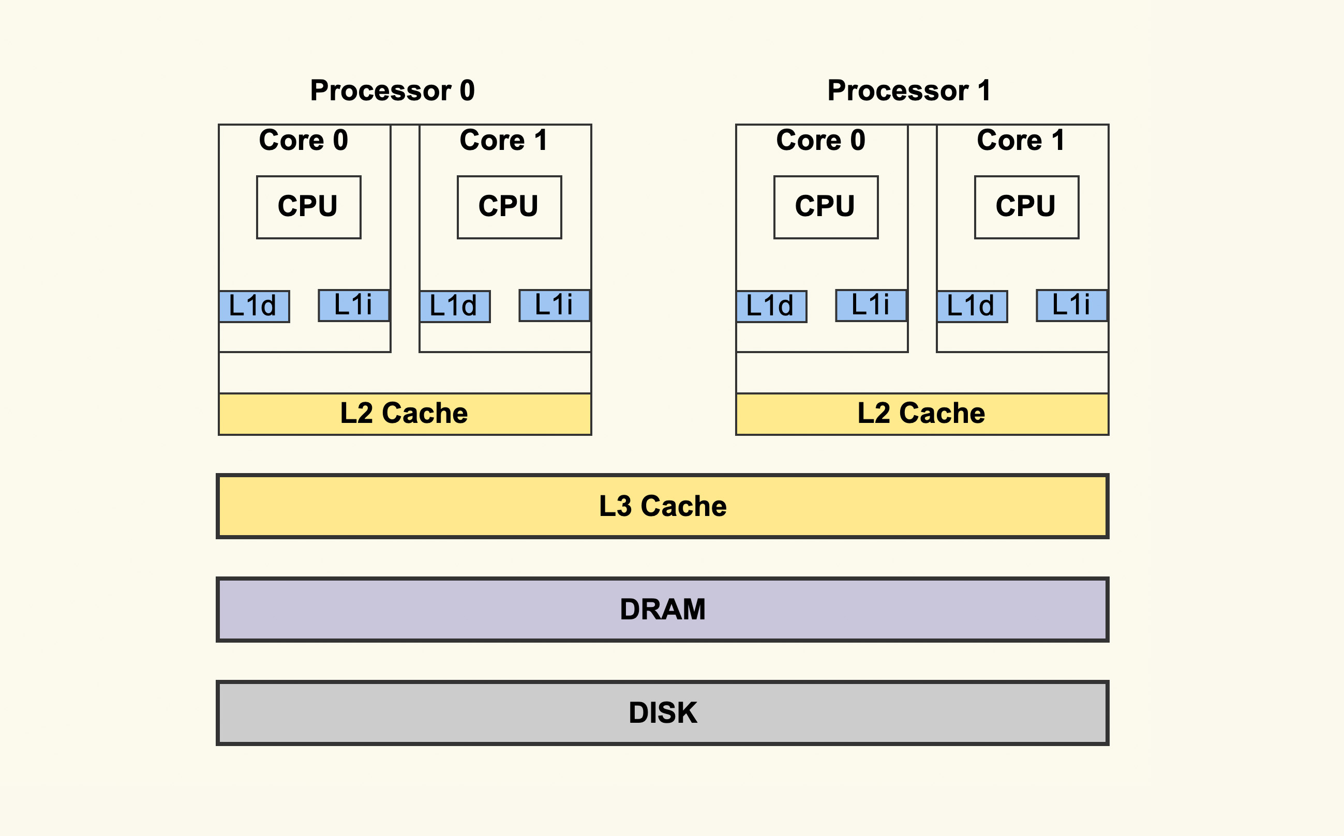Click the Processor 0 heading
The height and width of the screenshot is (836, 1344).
392,90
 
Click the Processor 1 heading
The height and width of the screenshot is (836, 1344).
909,90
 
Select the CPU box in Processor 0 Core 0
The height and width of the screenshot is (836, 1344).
309,207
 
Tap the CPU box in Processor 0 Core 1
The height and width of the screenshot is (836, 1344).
509,207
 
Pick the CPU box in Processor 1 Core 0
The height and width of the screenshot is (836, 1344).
826,207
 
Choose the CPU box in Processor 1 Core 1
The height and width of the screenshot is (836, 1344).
1026,207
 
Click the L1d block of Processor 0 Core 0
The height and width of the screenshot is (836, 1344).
254,306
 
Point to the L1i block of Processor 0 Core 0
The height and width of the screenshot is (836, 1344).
354,305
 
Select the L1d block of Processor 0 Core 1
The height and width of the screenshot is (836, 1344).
455,306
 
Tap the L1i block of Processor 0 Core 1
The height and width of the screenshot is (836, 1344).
555,305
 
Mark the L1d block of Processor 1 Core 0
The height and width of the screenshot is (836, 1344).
771,306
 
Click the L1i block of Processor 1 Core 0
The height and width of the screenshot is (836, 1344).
871,305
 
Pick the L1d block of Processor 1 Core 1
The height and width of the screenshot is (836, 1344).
972,306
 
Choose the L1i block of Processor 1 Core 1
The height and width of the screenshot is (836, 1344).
1072,305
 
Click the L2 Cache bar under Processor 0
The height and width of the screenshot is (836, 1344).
405,414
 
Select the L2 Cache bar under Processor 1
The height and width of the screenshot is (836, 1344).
922,414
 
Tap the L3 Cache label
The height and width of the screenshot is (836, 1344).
663,506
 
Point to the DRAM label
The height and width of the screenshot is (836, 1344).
663,610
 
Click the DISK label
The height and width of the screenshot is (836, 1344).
663,713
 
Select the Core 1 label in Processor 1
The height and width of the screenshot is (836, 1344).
1021,140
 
